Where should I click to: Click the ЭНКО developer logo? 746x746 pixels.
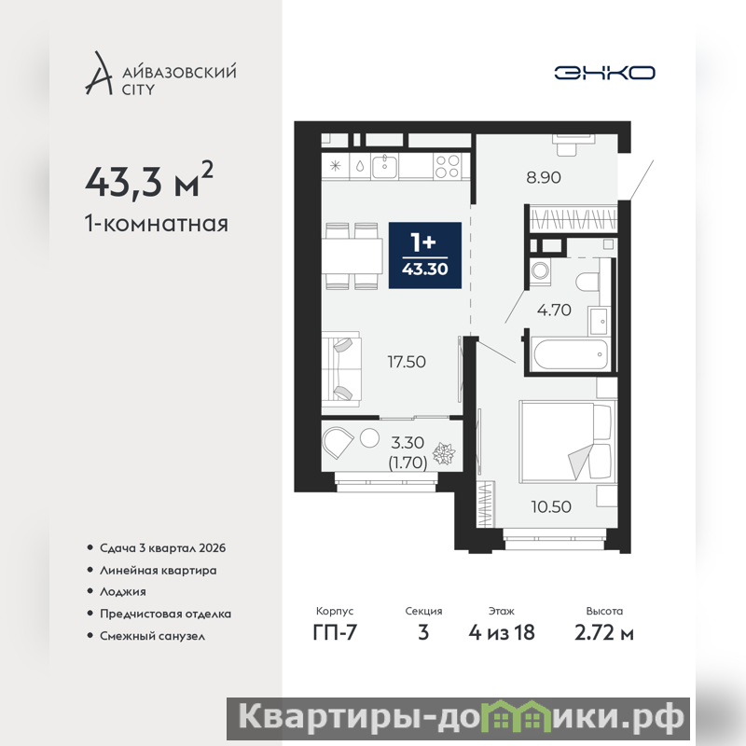click(x=604, y=73)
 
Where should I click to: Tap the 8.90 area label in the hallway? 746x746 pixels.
click(x=544, y=177)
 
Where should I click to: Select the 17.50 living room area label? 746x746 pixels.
click(x=407, y=362)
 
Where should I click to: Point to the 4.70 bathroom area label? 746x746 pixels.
click(x=554, y=311)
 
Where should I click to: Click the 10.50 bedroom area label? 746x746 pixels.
click(x=551, y=506)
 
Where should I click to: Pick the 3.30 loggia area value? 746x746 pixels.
click(x=408, y=443)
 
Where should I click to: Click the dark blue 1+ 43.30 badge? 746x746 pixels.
click(x=425, y=256)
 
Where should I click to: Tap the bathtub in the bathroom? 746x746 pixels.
click(x=571, y=354)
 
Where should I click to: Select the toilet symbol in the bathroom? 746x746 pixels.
click(x=587, y=281)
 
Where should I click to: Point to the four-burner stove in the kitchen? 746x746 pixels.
click(x=448, y=167)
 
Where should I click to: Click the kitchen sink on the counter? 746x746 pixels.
click(x=384, y=167)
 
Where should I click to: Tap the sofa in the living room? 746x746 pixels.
click(x=340, y=369)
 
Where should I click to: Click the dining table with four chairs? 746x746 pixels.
click(x=352, y=256)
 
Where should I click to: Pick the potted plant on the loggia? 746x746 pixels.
click(x=444, y=454)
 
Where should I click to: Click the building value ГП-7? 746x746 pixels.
click(x=335, y=633)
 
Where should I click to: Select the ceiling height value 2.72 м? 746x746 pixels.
click(x=604, y=633)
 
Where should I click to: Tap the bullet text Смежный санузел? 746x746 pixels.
click(x=152, y=636)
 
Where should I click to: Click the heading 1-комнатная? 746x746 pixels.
click(x=157, y=224)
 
